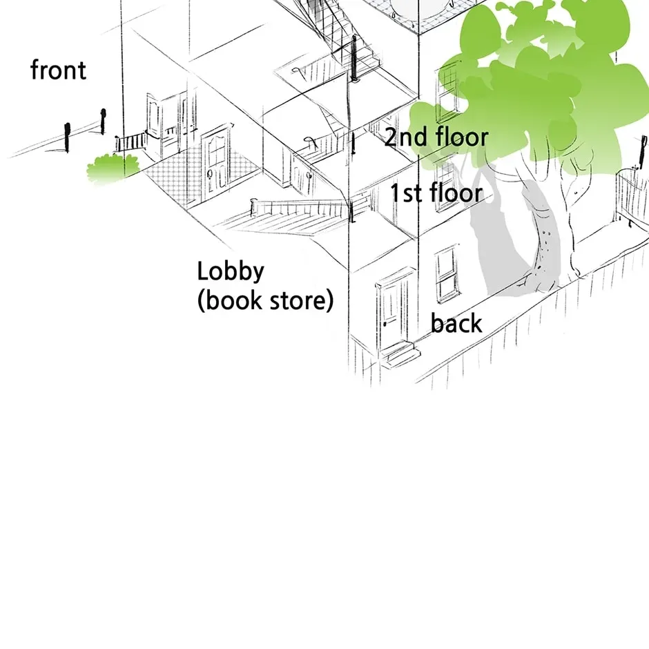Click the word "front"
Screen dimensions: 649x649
59,70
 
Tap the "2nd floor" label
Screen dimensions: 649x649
436,137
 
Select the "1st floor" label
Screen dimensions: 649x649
437,193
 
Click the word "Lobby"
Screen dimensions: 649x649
231,272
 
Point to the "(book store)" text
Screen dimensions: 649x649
265,300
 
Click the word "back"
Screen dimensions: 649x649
456,323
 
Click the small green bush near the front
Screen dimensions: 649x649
113,168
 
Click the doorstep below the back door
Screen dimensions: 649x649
400,354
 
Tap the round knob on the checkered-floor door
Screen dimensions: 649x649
210,173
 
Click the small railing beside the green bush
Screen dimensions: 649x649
130,142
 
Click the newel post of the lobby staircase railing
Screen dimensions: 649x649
253,207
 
